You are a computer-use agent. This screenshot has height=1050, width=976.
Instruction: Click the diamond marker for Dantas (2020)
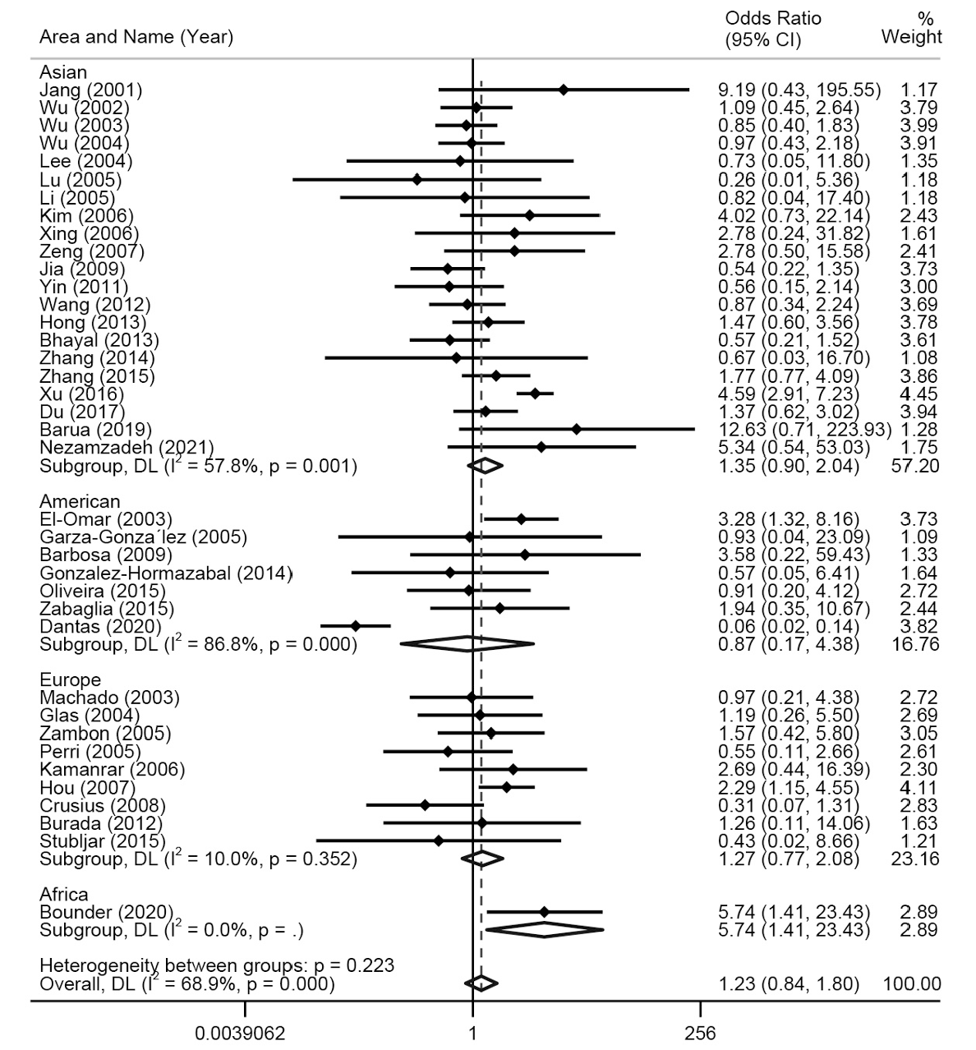(356, 627)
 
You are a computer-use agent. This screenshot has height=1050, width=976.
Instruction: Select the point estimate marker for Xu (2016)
(535, 394)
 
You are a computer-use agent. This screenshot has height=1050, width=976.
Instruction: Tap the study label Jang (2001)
(91, 90)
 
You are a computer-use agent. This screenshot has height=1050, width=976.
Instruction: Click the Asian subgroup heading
(63, 72)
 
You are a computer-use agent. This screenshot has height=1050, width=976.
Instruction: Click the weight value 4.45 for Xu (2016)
(918, 394)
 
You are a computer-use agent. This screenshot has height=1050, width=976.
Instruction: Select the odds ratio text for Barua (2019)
(804, 430)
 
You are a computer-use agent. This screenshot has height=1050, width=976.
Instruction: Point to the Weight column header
(911, 29)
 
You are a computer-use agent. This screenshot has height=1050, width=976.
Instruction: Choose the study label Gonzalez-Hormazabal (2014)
(166, 573)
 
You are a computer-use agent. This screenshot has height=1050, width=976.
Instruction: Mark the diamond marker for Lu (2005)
(417, 180)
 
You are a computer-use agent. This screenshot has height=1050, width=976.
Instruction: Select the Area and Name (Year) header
(136, 37)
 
